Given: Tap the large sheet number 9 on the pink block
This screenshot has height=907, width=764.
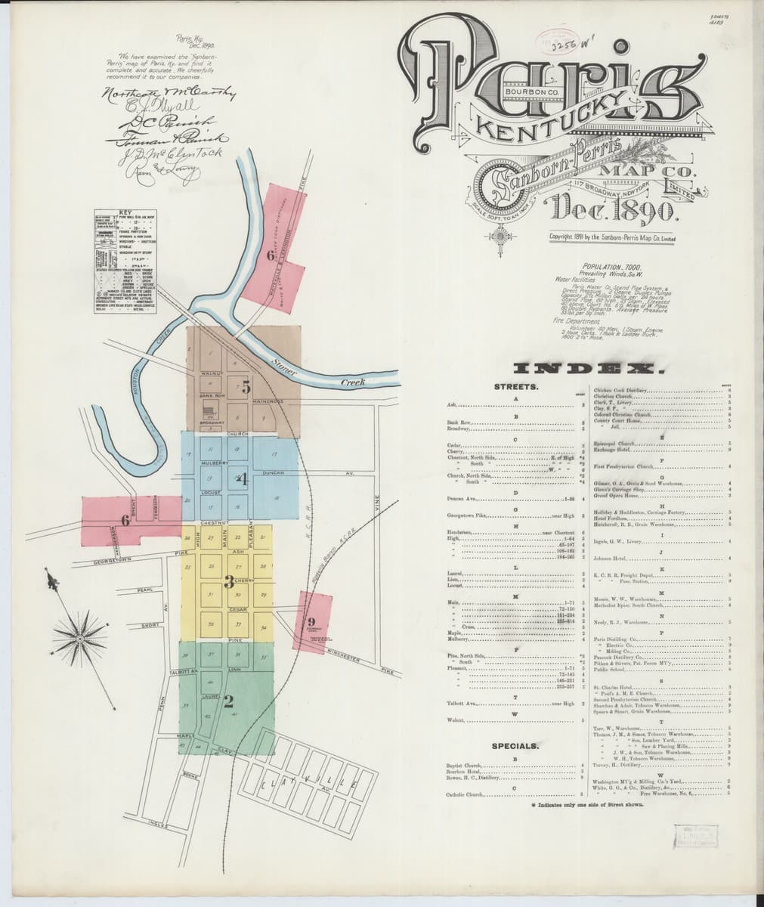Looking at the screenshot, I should (311, 621).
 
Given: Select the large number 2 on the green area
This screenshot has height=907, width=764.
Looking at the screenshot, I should (227, 700).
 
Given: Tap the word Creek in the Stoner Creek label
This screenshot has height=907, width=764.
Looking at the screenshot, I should (352, 382).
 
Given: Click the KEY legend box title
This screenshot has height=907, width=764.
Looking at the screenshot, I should (125, 213).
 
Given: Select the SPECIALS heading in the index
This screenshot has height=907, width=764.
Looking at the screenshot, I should (515, 746).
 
